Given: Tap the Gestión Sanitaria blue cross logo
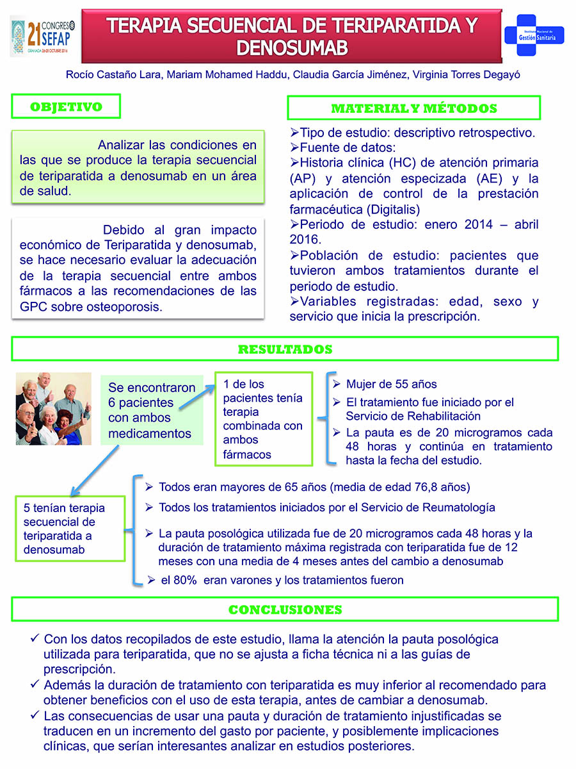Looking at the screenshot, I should (534, 37).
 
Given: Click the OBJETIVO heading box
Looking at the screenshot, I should (66, 107).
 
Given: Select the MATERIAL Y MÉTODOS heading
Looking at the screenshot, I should (413, 108).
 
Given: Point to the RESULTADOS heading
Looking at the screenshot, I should (285, 349).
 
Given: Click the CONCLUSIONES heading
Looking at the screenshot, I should (285, 609).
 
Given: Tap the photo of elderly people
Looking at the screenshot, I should (54, 408).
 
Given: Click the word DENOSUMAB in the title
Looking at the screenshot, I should (292, 47).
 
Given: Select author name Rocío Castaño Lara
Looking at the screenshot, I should (115, 74).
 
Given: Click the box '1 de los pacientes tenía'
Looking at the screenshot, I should (263, 419).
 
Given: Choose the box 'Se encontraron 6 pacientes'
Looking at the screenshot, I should (151, 411).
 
